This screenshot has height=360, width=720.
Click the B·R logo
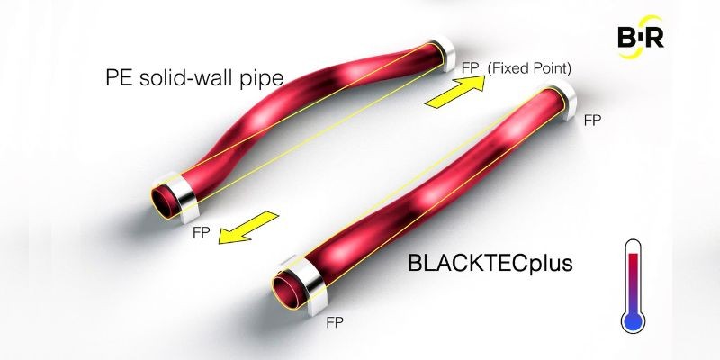click(641, 38)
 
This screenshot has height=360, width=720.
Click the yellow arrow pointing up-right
click(454, 93)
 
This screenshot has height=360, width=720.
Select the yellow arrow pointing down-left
click(248, 228)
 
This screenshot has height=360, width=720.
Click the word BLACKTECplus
click(490, 264)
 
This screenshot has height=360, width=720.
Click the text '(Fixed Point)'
click(529, 69)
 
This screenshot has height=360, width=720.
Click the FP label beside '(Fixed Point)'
click(471, 69)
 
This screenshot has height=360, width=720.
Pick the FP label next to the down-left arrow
click(201, 232)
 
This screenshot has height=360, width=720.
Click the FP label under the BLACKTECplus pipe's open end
click(335, 323)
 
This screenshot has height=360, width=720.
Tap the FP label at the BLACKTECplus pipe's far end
click(592, 121)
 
